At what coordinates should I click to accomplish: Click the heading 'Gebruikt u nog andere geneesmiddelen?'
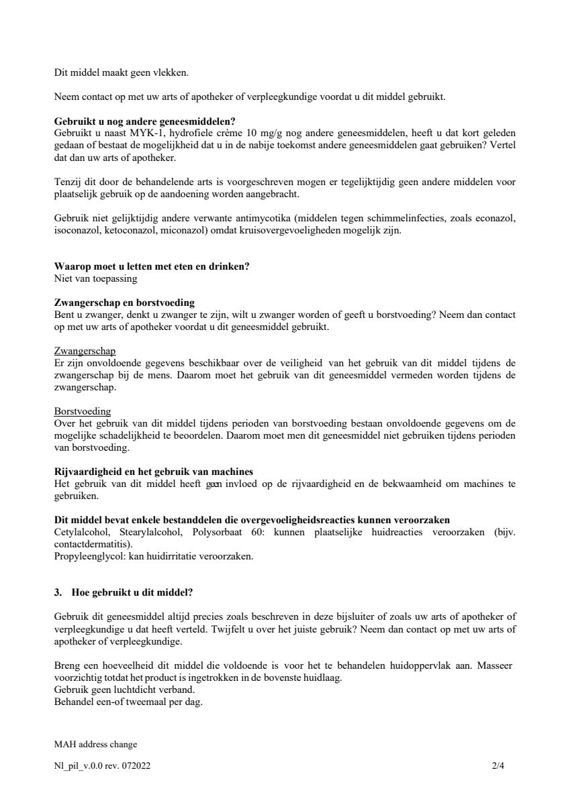pos(144,121)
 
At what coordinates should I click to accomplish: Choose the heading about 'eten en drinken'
pos(152,266)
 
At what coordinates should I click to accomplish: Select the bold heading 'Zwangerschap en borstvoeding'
pos(124,303)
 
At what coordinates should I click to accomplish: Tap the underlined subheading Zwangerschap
pos(85,351)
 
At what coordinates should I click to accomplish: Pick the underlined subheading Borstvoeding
pos(82,411)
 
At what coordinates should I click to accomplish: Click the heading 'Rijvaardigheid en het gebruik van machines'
pos(153,472)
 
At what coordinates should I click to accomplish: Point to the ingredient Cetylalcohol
pos(81,532)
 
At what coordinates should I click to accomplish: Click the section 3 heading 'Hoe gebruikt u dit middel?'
pos(132,592)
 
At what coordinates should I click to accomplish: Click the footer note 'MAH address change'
pos(95,744)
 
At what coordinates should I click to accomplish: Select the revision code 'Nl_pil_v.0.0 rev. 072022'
pos(102,765)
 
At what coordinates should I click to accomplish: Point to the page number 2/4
pos(497,765)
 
